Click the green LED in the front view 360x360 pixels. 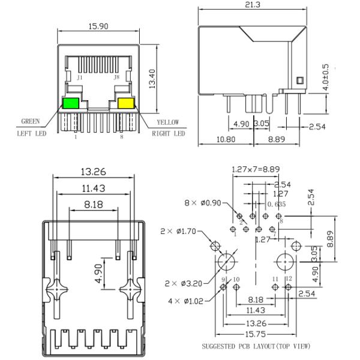[x=71, y=103]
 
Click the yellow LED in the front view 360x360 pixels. [x=126, y=103]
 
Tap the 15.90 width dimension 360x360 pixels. [x=98, y=26]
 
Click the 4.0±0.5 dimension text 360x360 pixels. [x=326, y=77]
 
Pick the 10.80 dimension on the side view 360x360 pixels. [x=225, y=139]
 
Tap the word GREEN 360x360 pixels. [x=31, y=122]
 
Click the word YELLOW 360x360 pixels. [x=168, y=122]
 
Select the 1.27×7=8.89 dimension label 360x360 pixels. [x=256, y=169]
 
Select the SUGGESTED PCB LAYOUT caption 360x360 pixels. [x=256, y=346]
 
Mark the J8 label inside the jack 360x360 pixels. [x=118, y=77]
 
